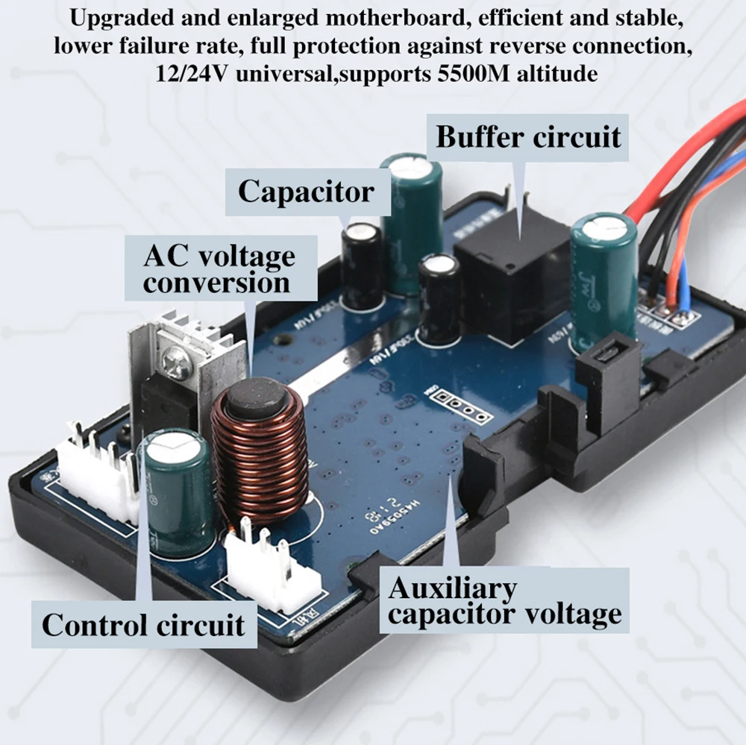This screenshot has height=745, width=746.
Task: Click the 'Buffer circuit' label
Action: (x=528, y=138)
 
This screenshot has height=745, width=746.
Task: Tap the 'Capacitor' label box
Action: (x=306, y=192)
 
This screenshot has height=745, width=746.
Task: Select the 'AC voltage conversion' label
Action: (x=219, y=269)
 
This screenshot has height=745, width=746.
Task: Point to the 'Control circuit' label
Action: (x=143, y=624)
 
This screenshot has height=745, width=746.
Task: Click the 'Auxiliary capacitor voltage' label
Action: (x=505, y=602)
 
